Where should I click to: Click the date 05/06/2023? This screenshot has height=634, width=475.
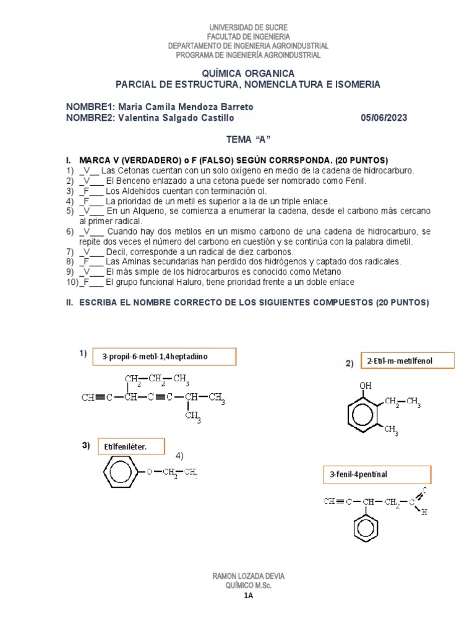click(x=383, y=118)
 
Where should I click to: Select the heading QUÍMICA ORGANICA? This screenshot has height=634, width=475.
click(x=248, y=73)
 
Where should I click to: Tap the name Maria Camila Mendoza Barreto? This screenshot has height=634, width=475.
click(x=186, y=107)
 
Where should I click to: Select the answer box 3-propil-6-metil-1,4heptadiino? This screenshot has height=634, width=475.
click(x=165, y=357)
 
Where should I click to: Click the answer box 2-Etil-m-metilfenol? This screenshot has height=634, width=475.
click(x=407, y=360)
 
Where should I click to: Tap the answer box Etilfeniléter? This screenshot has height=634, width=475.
click(x=131, y=446)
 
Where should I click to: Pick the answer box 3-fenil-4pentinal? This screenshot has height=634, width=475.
click(x=376, y=475)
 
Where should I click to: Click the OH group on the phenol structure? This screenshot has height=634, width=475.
click(x=366, y=385)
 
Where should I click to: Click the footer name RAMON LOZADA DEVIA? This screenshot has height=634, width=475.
click(x=248, y=576)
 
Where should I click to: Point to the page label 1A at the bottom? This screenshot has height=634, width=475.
click(x=248, y=596)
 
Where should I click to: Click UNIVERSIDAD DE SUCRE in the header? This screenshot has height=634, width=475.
click(x=248, y=28)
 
